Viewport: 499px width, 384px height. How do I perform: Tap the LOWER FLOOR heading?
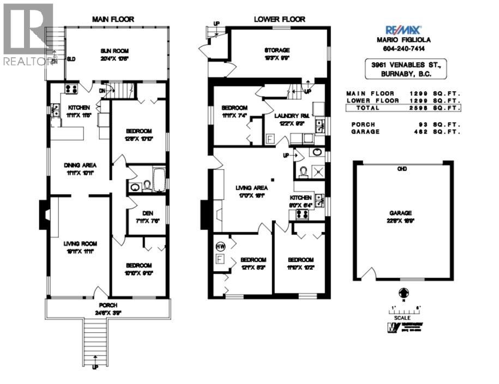coord(279,19)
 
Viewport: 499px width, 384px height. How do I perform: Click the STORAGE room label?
coord(278,50)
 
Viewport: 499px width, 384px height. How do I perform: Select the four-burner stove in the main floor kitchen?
coord(71,89)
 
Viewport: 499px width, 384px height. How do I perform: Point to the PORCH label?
coord(107,305)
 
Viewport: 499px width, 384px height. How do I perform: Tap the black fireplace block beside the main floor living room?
coord(43,214)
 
